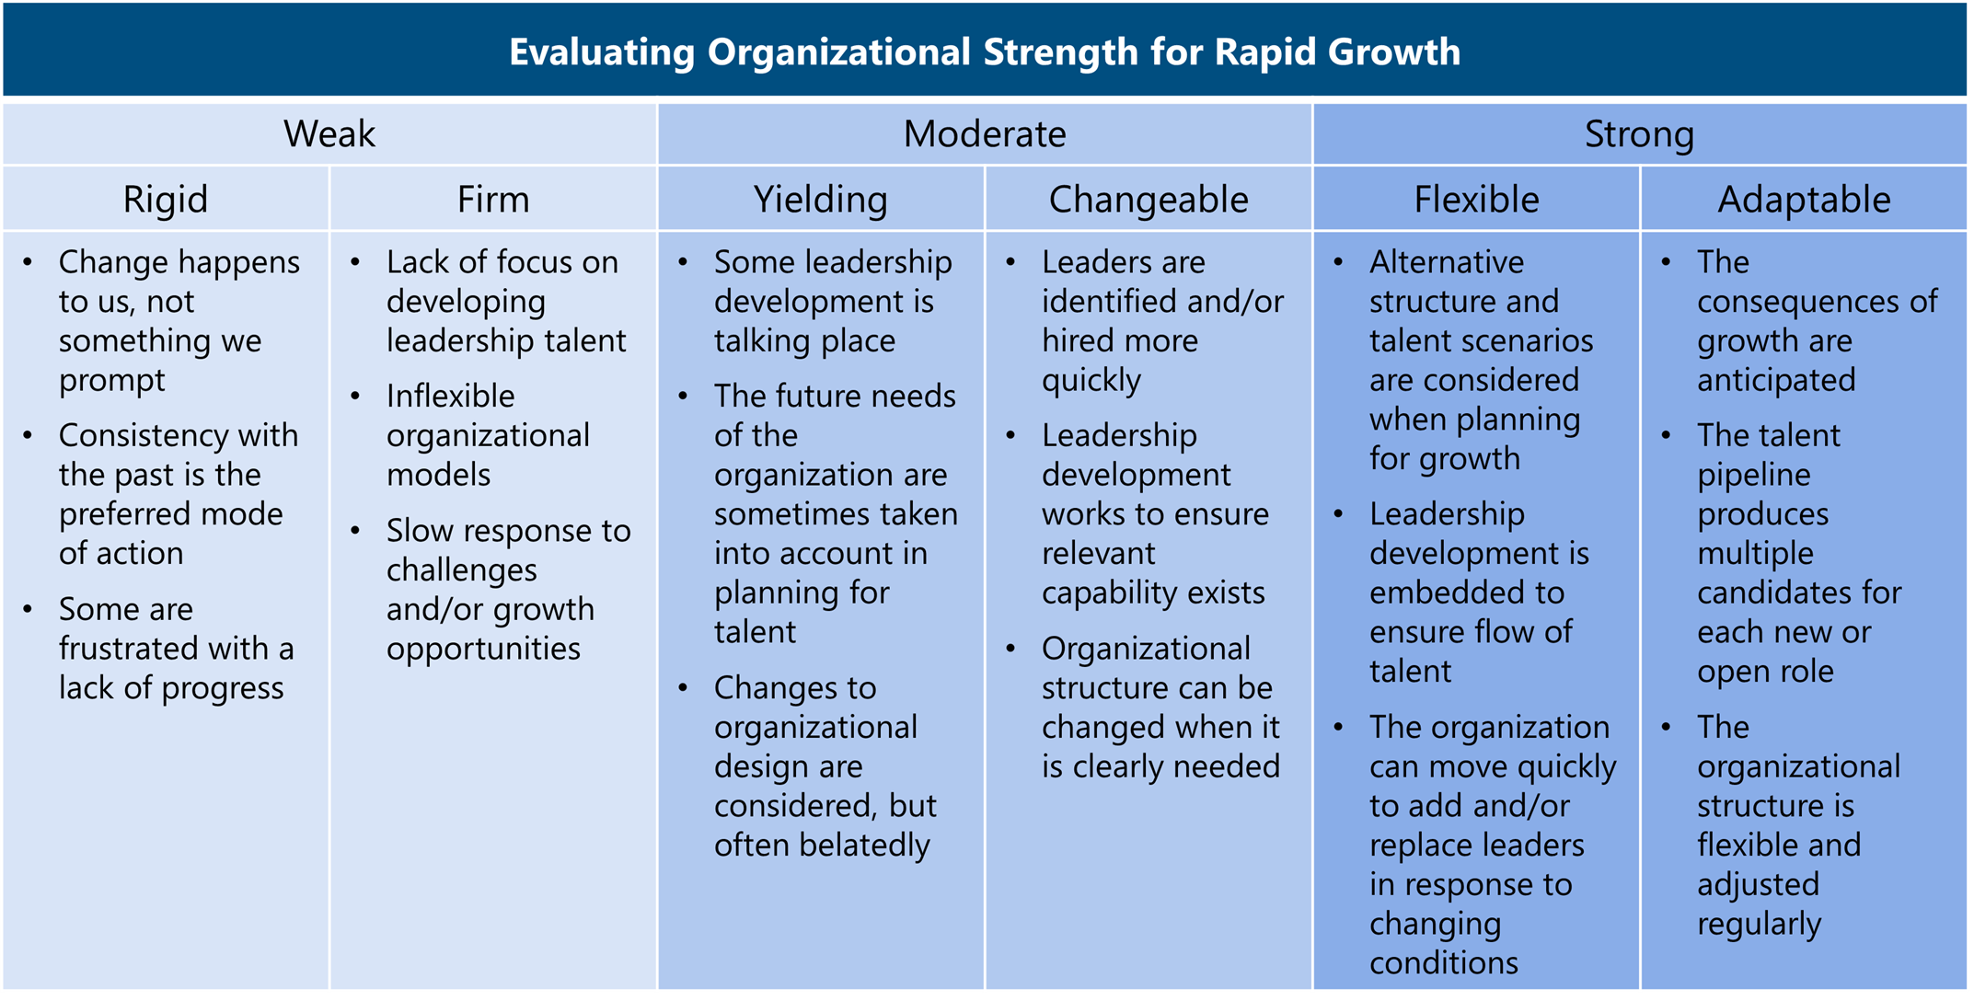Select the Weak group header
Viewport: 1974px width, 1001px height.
[x=329, y=134]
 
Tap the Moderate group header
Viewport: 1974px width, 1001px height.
[x=985, y=134]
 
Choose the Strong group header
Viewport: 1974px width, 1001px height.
[x=1639, y=135]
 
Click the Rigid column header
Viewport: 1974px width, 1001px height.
[x=166, y=201]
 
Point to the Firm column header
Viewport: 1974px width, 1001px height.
[x=493, y=200]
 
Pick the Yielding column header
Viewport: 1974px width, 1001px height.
[x=821, y=201]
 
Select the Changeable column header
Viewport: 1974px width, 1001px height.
[x=1149, y=201]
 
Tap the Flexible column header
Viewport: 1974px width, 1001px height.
[x=1476, y=200]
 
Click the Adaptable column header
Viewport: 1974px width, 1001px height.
[x=1804, y=201]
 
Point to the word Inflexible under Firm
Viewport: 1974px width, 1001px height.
[x=451, y=397]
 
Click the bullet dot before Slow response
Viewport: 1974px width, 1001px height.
[x=356, y=531]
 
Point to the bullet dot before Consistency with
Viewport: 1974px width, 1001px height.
[x=29, y=435]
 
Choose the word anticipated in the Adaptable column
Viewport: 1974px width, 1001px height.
[x=1776, y=381]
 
